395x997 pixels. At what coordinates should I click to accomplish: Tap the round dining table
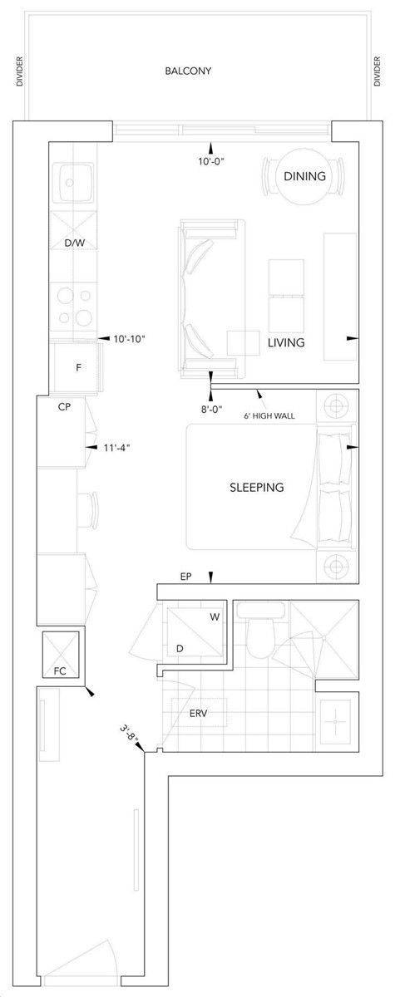304,176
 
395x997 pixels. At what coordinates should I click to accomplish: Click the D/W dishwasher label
75,243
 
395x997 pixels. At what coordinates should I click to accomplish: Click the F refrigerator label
77,365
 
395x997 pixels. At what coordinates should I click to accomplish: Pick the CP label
63,408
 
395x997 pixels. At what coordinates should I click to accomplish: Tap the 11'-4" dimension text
116,448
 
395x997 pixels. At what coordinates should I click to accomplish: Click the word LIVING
286,342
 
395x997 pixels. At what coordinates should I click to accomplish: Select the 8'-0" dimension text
210,408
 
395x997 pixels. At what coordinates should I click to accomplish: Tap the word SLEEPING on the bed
256,488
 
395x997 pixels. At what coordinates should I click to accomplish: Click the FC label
60,670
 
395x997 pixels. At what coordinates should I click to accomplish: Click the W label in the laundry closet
215,617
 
